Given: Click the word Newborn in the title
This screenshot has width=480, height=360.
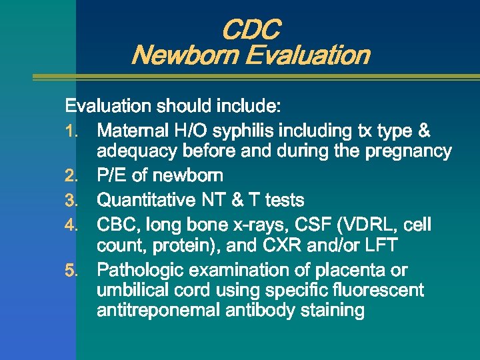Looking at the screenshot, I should tap(185, 55).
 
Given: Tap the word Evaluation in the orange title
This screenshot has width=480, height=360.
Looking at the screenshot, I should tap(307, 55).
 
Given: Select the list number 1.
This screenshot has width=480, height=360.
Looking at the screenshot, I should tap(73, 131).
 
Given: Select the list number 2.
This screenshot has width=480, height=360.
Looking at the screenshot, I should tap(73, 176).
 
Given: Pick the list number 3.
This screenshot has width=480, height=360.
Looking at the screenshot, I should tap(73, 200).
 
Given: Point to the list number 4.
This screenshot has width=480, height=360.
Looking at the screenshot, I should tap(73, 225).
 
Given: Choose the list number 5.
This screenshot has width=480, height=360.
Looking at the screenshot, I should tap(73, 271).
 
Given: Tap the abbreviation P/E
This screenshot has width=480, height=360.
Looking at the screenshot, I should tap(112, 176).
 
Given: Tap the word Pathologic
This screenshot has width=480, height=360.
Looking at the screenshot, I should tap(141, 271).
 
